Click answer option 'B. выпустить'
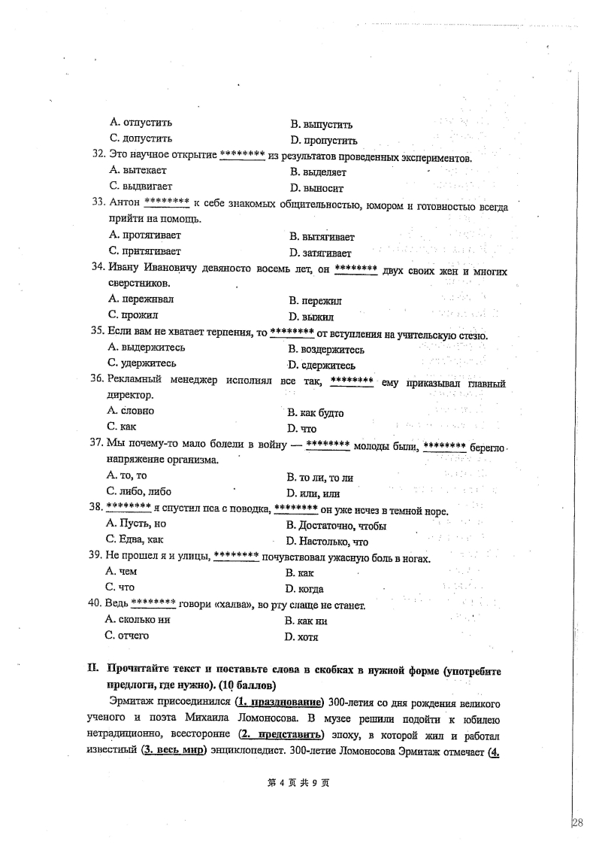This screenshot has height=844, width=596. (321, 125)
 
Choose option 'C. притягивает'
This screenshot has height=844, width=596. (145, 251)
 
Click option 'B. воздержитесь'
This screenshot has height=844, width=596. (326, 350)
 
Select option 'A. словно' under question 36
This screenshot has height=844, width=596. (132, 411)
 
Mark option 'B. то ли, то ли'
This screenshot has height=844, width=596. (320, 477)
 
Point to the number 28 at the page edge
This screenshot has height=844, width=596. (578, 822)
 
